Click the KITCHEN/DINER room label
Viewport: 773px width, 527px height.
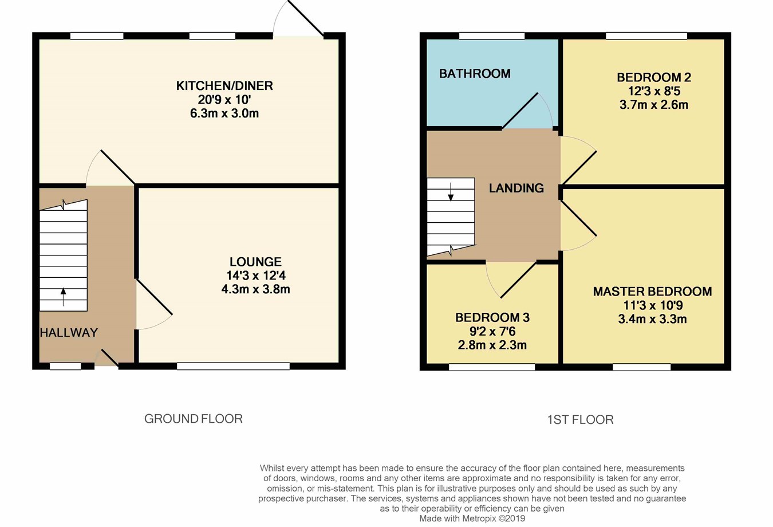click(x=224, y=85)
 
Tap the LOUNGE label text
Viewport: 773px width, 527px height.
click(x=255, y=262)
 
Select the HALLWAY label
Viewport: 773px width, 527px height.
click(x=69, y=332)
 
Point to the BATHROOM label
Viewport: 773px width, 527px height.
click(x=475, y=73)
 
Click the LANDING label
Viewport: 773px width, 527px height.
click(x=516, y=188)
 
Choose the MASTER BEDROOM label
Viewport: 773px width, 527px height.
click(x=652, y=292)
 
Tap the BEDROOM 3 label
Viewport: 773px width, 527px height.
click(x=492, y=317)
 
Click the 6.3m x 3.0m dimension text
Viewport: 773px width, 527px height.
click(x=224, y=113)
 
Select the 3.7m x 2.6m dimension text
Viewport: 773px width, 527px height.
click(x=653, y=105)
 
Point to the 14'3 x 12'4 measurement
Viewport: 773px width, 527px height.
click(x=255, y=276)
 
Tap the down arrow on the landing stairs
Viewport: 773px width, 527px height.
click(x=451, y=192)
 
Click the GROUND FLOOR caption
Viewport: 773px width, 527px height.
click(x=194, y=419)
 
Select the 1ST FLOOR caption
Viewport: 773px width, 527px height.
click(x=581, y=420)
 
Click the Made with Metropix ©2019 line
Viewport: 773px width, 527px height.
click(x=472, y=518)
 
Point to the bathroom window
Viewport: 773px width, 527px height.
click(x=492, y=36)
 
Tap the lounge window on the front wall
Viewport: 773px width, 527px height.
click(x=233, y=366)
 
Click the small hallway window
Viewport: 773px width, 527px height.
click(x=65, y=366)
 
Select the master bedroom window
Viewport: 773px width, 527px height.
click(x=641, y=367)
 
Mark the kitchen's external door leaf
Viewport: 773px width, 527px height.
click(x=306, y=18)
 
